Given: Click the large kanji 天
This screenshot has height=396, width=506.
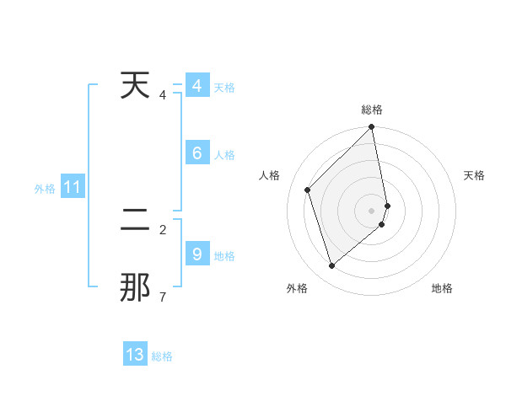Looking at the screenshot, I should point(135,86).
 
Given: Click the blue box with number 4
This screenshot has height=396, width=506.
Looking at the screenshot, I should point(196,86).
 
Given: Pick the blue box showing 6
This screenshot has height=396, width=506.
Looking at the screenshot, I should point(196,153).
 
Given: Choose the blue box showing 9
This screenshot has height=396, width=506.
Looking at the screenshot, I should point(196,254).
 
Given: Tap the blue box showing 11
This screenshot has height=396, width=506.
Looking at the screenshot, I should point(72,188).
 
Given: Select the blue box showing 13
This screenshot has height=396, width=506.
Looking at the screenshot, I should point(135,355).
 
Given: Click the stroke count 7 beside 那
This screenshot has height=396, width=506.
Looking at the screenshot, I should point(162,297).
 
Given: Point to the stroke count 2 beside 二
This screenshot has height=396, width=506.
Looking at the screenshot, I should point(162,229).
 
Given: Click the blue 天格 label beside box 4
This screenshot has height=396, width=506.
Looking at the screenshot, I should point(224,88).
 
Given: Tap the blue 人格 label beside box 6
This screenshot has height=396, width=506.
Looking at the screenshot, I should point(224,155).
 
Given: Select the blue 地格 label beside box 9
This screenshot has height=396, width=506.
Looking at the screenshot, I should point(224,256).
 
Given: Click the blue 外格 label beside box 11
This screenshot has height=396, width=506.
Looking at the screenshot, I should point(45,189).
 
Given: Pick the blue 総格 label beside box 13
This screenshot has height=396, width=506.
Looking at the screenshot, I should point(162,356).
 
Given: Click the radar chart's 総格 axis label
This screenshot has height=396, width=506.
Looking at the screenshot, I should point(372,110).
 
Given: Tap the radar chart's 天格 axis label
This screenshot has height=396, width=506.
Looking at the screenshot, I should point(474,175).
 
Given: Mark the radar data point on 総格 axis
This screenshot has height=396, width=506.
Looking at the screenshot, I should point(372,128).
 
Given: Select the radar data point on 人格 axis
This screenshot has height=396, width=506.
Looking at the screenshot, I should point(308,190).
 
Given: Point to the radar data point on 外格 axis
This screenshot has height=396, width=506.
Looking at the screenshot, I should point(332,265).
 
